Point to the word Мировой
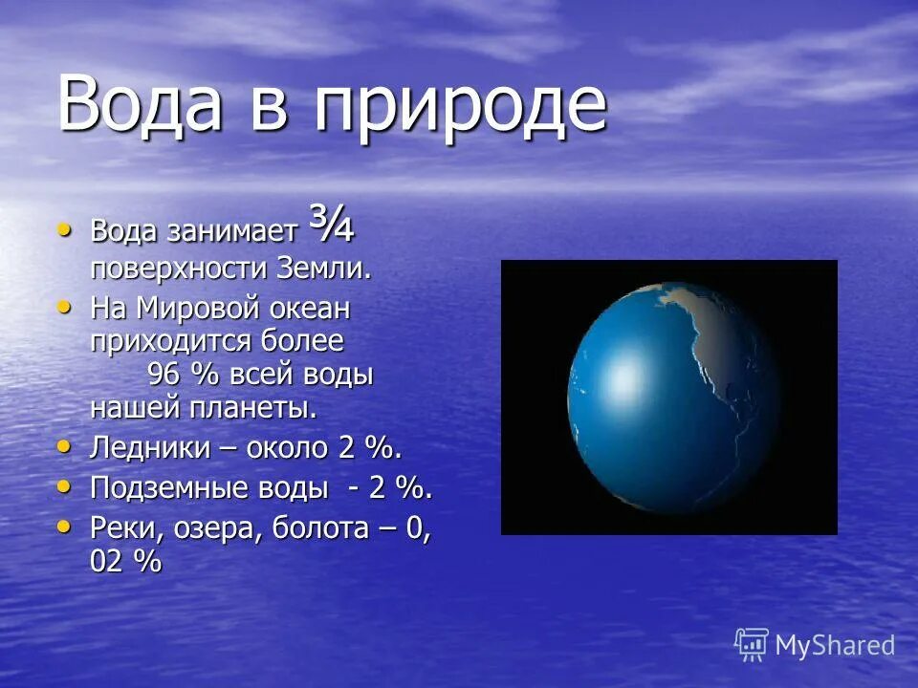tap(202, 309)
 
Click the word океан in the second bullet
tap(311, 310)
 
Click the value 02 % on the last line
tap(125, 562)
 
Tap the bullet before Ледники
tap(64, 446)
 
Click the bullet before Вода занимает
tap(64, 229)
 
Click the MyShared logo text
tap(834, 645)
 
